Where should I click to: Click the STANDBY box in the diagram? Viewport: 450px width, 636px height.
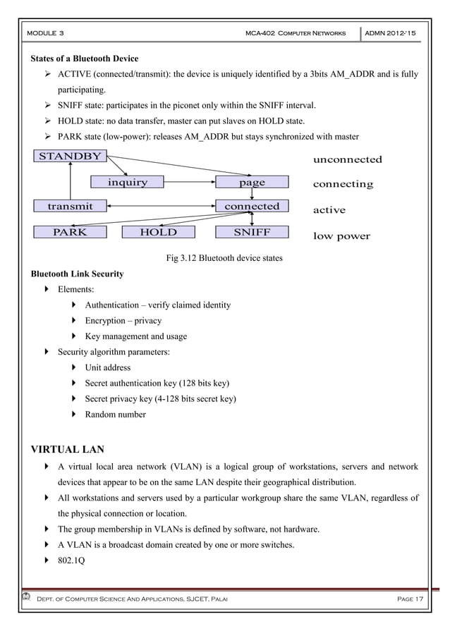point(69,157)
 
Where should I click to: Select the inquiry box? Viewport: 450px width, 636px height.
point(128,183)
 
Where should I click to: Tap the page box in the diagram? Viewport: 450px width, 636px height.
point(252,183)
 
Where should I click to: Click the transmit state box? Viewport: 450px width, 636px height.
point(70,207)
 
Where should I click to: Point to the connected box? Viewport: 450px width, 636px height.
point(252,207)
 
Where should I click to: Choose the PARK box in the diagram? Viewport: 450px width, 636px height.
point(70,232)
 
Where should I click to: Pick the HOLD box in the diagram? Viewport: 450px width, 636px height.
point(158,232)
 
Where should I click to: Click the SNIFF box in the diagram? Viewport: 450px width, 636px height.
point(252,232)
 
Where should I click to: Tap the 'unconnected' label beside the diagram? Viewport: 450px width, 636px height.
point(347,159)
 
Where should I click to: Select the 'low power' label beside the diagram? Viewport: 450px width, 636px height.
point(341,236)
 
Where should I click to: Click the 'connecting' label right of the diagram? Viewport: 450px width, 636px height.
point(343,184)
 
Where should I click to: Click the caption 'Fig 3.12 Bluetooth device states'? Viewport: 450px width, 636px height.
point(224,258)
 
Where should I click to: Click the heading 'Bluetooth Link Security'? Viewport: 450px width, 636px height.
point(76,274)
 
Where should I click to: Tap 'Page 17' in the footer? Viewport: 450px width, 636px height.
point(409,599)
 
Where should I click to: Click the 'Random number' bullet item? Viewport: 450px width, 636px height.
point(115,415)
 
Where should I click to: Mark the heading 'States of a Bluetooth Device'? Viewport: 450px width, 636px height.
point(83,58)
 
